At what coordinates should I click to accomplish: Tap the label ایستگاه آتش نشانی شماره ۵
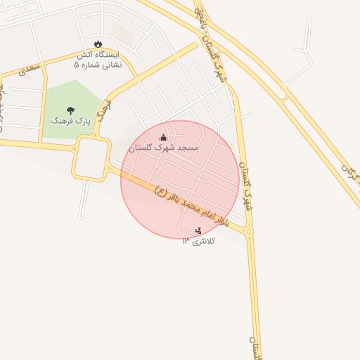pyautogui.click(x=98, y=59)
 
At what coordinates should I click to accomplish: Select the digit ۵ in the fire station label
pyautogui.click(x=77, y=65)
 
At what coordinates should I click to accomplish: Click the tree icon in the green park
pyautogui.click(x=70, y=110)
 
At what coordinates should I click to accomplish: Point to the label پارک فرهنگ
pyautogui.click(x=70, y=120)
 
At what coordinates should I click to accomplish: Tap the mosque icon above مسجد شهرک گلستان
pyautogui.click(x=164, y=137)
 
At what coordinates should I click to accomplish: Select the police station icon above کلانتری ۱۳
pyautogui.click(x=198, y=230)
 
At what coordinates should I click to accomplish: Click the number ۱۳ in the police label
pyautogui.click(x=186, y=241)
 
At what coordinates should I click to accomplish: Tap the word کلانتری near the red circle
pyautogui.click(x=205, y=241)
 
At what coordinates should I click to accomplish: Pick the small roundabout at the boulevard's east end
pyautogui.click(x=249, y=230)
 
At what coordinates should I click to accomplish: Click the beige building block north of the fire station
pyautogui.click(x=122, y=32)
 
